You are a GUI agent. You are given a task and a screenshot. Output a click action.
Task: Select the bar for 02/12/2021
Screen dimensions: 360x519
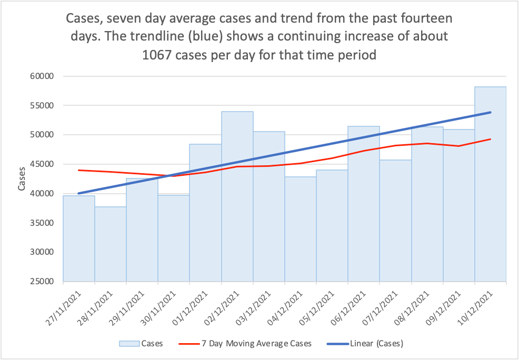point(237,211)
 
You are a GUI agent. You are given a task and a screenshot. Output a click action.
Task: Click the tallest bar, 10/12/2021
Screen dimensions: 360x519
point(491,211)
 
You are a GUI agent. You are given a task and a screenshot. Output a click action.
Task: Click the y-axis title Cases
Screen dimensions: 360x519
point(22,179)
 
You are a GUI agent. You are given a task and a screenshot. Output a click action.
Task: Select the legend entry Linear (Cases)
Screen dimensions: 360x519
point(377,344)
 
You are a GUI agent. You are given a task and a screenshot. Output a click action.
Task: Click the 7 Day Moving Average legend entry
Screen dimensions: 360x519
point(257,344)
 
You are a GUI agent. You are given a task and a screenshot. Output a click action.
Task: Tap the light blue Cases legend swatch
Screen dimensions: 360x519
point(129,344)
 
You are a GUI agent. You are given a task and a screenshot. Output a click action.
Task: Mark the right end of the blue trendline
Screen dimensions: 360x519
point(491,112)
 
